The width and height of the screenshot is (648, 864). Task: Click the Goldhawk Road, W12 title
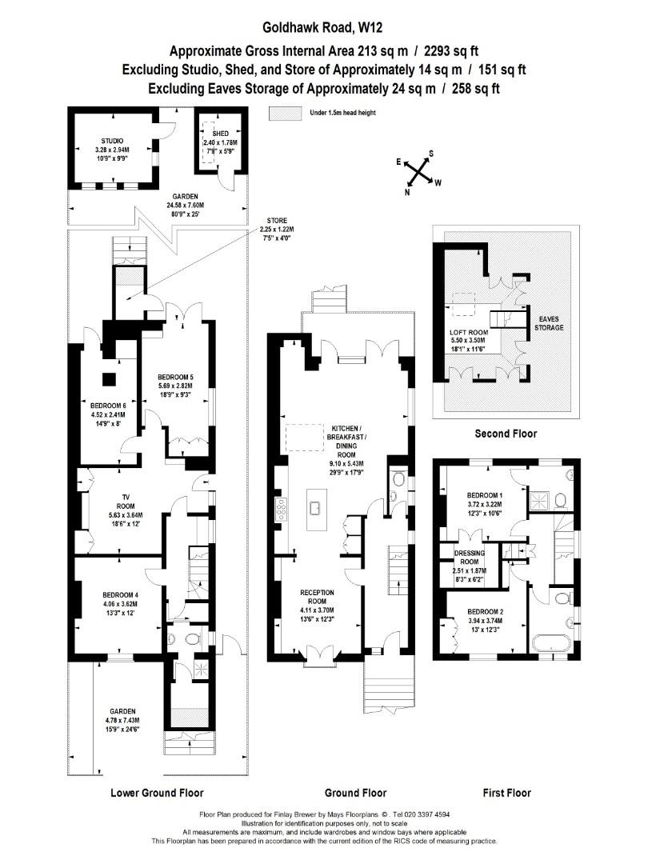coord(322,27)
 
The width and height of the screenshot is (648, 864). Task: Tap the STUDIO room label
coord(112,141)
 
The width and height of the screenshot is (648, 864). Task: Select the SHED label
coord(221,134)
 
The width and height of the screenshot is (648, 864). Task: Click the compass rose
coord(418,173)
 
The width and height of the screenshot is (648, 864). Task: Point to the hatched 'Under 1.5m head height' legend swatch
coord(286,113)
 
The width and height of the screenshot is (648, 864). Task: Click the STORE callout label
coord(277,221)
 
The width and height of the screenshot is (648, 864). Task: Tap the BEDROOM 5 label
coord(175,378)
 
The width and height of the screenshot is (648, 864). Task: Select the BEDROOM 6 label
coord(109,406)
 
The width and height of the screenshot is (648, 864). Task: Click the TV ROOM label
coord(126,502)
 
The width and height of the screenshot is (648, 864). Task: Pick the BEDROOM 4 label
coord(120,595)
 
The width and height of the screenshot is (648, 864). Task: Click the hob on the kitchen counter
coord(281,509)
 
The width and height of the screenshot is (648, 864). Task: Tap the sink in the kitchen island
coord(316,508)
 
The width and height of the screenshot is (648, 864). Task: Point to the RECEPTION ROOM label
coord(317,597)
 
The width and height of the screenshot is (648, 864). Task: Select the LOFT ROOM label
coord(468,332)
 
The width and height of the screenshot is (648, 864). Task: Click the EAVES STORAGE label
coord(549,323)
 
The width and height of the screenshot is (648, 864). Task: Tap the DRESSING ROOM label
coord(470,557)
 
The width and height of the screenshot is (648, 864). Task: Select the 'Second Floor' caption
coord(506,434)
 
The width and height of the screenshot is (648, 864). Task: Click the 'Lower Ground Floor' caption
coord(157,793)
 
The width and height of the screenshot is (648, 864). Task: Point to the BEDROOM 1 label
coord(484,495)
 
